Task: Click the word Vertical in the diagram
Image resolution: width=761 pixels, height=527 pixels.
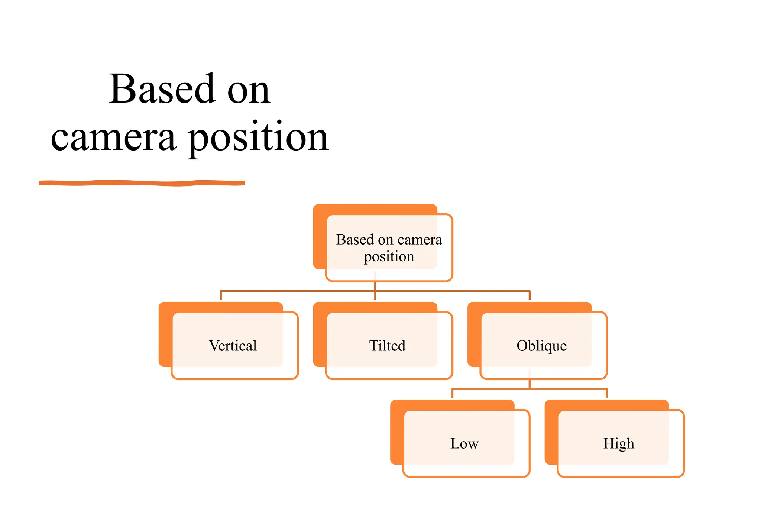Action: click(x=233, y=346)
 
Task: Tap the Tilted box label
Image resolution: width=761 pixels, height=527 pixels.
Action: click(x=387, y=346)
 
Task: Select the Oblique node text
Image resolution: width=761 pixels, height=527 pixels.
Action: click(x=541, y=346)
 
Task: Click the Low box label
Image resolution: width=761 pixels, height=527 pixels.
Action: click(x=464, y=443)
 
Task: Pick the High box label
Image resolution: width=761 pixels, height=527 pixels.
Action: click(x=619, y=443)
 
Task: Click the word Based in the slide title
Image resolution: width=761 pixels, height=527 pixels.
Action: click(x=162, y=89)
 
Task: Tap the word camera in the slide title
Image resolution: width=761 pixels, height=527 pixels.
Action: click(x=113, y=138)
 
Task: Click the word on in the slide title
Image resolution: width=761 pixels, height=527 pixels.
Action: click(x=248, y=91)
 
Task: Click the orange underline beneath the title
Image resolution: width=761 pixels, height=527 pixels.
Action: click(x=141, y=183)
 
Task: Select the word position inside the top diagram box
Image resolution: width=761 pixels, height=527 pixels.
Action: click(x=389, y=256)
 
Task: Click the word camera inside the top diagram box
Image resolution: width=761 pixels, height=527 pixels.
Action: click(x=420, y=240)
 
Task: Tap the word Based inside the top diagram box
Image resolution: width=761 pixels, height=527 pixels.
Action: click(x=355, y=240)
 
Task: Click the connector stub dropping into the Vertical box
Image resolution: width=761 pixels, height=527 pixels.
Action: click(x=221, y=296)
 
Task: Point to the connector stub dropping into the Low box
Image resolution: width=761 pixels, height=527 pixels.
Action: click(x=452, y=393)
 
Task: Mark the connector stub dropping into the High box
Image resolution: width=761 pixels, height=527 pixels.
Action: click(x=607, y=393)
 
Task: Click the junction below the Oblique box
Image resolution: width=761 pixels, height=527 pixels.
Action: click(x=530, y=389)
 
